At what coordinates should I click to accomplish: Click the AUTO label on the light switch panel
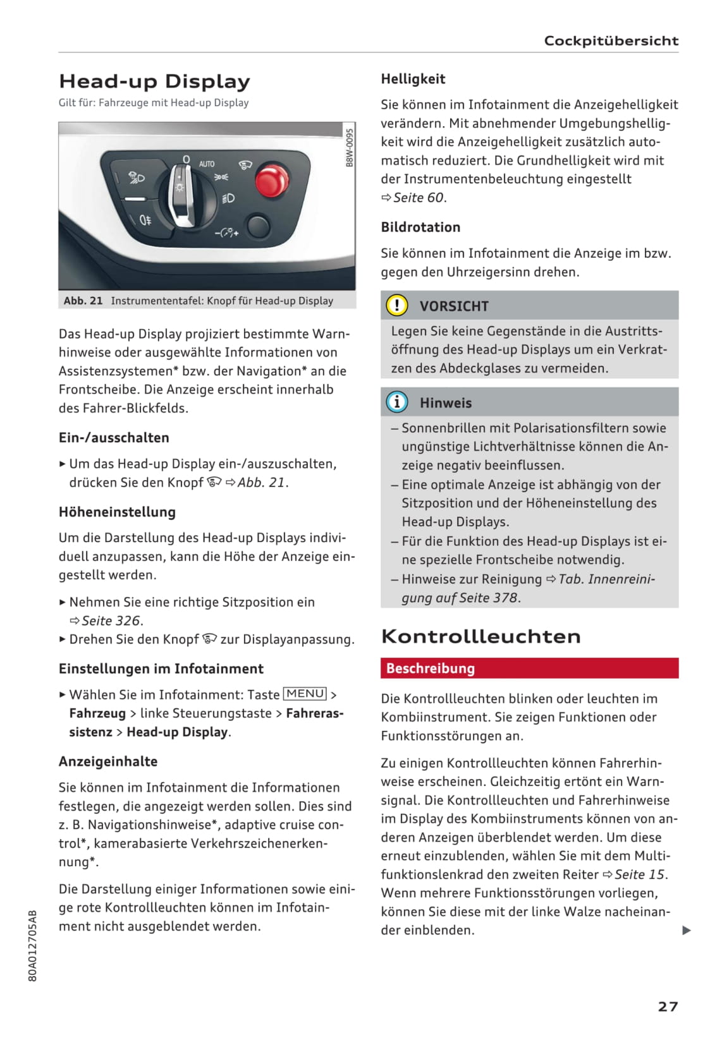pos(207,164)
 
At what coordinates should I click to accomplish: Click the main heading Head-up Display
pos(154,82)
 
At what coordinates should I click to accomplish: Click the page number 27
pos(668,1006)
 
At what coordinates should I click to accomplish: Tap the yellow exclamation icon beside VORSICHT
pos(396,306)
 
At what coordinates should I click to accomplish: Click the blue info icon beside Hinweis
pos(396,402)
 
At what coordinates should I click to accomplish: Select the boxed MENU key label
pos(305,694)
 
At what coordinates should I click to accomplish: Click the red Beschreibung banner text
pos(431,668)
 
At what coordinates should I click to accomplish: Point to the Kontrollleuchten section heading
pos(480,636)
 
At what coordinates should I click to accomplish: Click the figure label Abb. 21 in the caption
pos(83,301)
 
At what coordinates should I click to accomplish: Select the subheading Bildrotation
pos(420,227)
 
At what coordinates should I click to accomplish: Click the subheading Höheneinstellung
pos(117,512)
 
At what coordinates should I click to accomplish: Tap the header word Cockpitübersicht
pos(611,41)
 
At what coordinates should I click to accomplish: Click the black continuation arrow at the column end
pos(687,930)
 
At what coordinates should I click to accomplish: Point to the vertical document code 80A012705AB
pos(34,945)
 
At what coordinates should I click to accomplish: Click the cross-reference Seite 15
pos(639,874)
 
